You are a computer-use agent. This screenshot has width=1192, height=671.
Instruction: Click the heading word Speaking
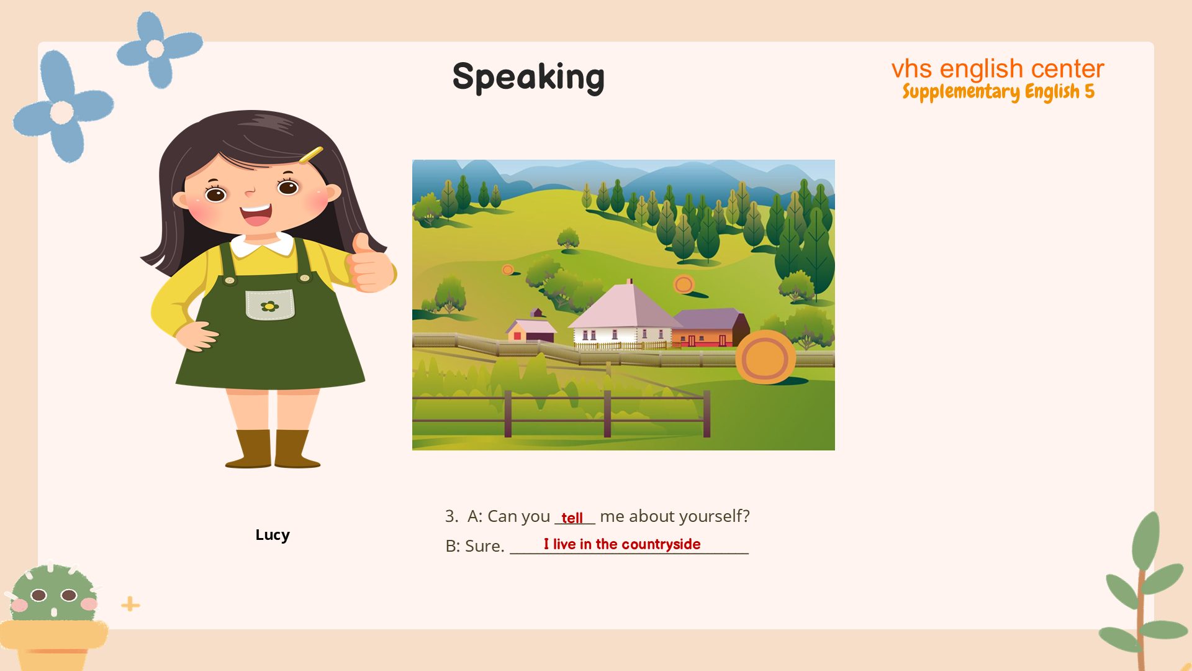(528, 78)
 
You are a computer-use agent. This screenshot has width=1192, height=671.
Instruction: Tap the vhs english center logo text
(998, 68)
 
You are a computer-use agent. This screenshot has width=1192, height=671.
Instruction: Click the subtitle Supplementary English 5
(998, 91)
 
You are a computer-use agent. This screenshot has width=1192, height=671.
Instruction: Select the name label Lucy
(273, 535)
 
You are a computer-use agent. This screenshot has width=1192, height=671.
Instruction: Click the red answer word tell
(572, 518)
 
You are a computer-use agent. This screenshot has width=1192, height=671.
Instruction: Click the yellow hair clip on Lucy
(310, 155)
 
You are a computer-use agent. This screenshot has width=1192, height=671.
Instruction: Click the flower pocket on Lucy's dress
(269, 304)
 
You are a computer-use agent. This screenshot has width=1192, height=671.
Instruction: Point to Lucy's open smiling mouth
(256, 214)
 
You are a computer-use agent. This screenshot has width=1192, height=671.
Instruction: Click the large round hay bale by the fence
(765, 357)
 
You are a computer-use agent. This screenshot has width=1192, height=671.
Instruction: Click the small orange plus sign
(130, 604)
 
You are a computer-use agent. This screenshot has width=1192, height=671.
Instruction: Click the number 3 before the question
(451, 516)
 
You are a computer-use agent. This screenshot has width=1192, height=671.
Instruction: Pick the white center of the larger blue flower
(61, 112)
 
